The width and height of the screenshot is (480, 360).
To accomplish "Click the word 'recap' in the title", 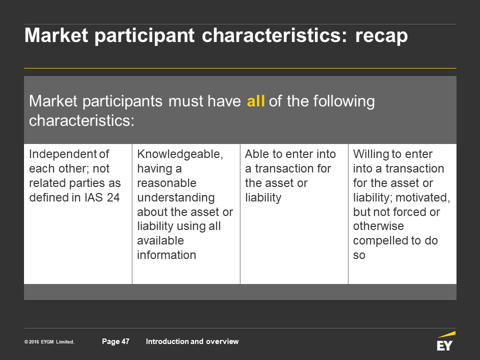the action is [x=381, y=36].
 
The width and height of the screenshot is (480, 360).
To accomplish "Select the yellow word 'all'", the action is [x=255, y=101].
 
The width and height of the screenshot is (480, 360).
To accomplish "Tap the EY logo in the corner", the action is [x=446, y=340].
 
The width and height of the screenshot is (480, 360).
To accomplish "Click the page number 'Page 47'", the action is [x=115, y=341].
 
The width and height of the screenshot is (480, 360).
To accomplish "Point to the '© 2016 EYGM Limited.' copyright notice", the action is [x=49, y=342].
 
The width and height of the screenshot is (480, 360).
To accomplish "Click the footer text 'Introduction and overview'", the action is [x=192, y=341].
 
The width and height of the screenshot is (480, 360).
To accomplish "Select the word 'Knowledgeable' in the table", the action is [x=180, y=154].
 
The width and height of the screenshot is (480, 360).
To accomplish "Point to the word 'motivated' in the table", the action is [x=423, y=197].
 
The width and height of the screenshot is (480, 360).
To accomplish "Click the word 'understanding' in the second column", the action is [x=175, y=198].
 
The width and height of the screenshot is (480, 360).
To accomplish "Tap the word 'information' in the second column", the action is [x=166, y=255].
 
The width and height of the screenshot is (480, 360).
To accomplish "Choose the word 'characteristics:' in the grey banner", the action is [x=81, y=120].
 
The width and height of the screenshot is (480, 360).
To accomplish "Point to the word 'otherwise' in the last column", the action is [x=378, y=226].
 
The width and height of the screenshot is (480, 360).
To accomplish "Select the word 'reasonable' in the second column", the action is [x=166, y=183].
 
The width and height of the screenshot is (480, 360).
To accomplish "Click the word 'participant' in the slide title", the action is [x=144, y=36].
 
